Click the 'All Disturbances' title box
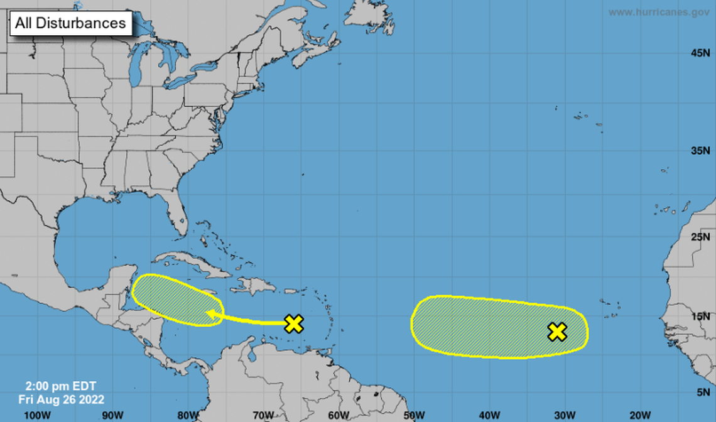click(70, 24)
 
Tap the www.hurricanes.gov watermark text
click(658, 12)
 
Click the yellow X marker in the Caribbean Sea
click(293, 324)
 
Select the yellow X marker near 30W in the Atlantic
click(557, 332)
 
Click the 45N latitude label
click(700, 53)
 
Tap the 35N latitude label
click(700, 151)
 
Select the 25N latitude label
click(700, 237)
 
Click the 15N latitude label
click(700, 316)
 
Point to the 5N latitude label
click(703, 392)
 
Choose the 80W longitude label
click(188, 414)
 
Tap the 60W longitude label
click(339, 414)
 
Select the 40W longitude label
click(489, 414)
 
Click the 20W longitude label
click(640, 414)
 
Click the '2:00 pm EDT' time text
click(60, 386)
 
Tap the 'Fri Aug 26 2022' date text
click(61, 399)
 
